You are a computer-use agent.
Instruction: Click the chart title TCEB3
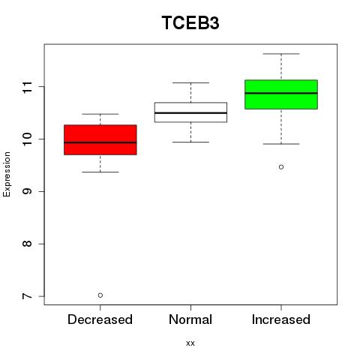coord(190,22)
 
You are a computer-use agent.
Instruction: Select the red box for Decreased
coord(100,139)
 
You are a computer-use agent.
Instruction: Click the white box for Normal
coord(190,112)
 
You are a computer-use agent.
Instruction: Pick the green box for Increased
coord(281,94)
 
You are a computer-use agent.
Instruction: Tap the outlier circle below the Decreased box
coord(100,295)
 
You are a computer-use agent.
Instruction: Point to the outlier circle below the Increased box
coord(281,167)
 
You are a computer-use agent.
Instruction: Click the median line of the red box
coord(100,142)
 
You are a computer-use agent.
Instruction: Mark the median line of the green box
coord(281,93)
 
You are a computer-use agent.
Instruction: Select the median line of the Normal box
coord(190,113)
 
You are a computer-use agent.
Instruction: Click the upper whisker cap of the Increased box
coord(281,54)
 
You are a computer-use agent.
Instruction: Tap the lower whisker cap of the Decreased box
coord(100,172)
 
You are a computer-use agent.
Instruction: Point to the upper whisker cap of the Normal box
coord(190,82)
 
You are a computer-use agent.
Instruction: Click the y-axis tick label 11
coord(28,87)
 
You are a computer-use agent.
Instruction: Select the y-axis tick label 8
coord(28,244)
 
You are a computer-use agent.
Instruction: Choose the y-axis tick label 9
coord(28,191)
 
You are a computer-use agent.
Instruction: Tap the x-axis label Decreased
coord(100,319)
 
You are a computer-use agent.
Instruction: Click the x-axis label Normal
coord(190,319)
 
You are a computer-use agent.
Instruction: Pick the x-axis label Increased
coord(281,319)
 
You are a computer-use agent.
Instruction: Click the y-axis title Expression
coord(7,174)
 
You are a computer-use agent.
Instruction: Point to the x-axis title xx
coord(190,343)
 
